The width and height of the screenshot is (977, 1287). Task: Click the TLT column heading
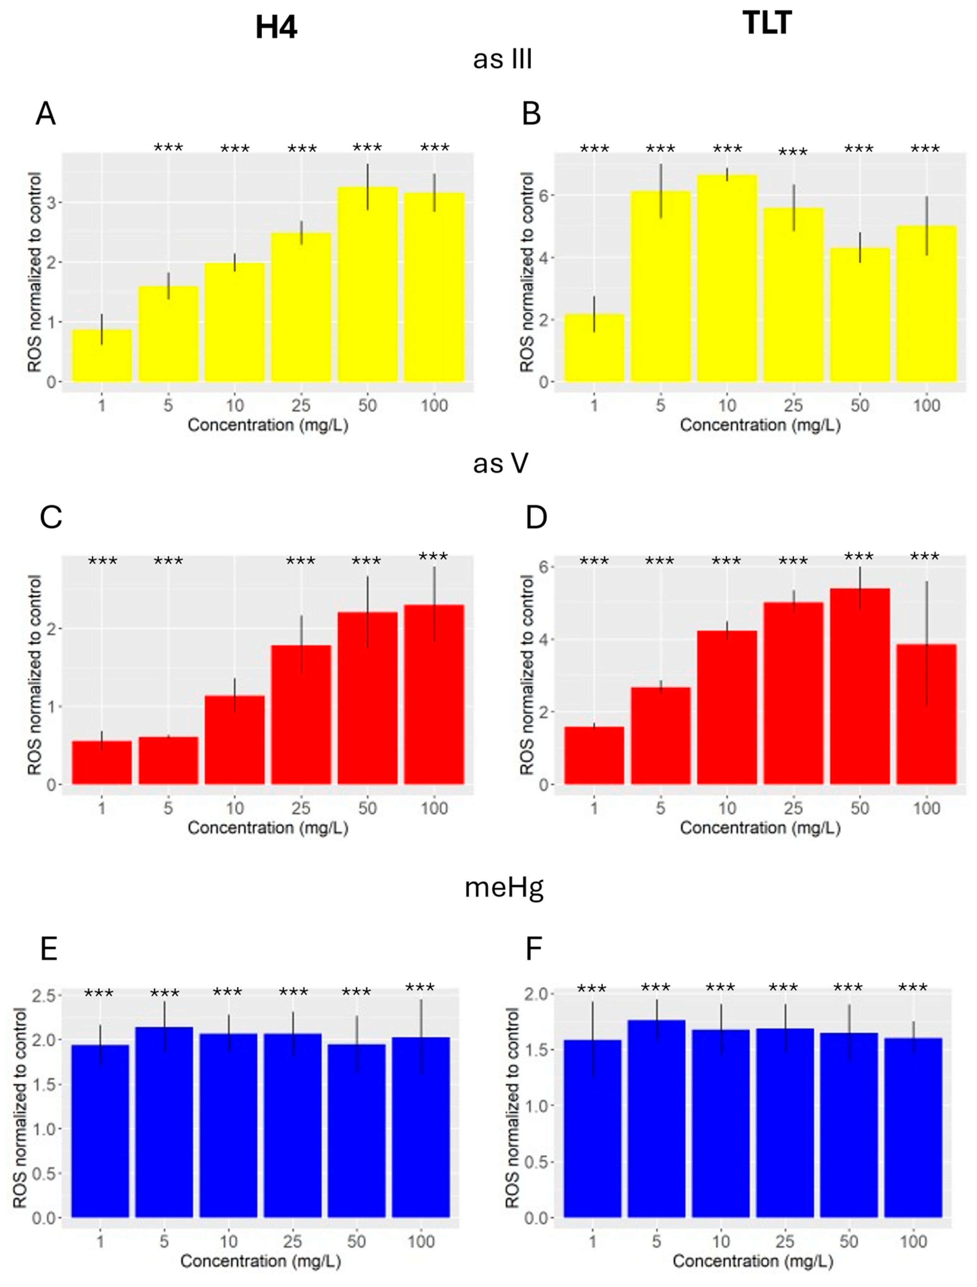tap(767, 23)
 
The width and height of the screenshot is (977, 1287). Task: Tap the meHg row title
tap(503, 887)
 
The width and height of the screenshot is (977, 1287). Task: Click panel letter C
tap(51, 517)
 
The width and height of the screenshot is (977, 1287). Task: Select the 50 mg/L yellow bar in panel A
tap(367, 285)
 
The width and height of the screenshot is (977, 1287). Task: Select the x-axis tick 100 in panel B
tap(926, 405)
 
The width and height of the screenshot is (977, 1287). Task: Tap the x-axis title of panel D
tap(760, 828)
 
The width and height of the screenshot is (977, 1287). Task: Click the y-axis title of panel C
tap(35, 675)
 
